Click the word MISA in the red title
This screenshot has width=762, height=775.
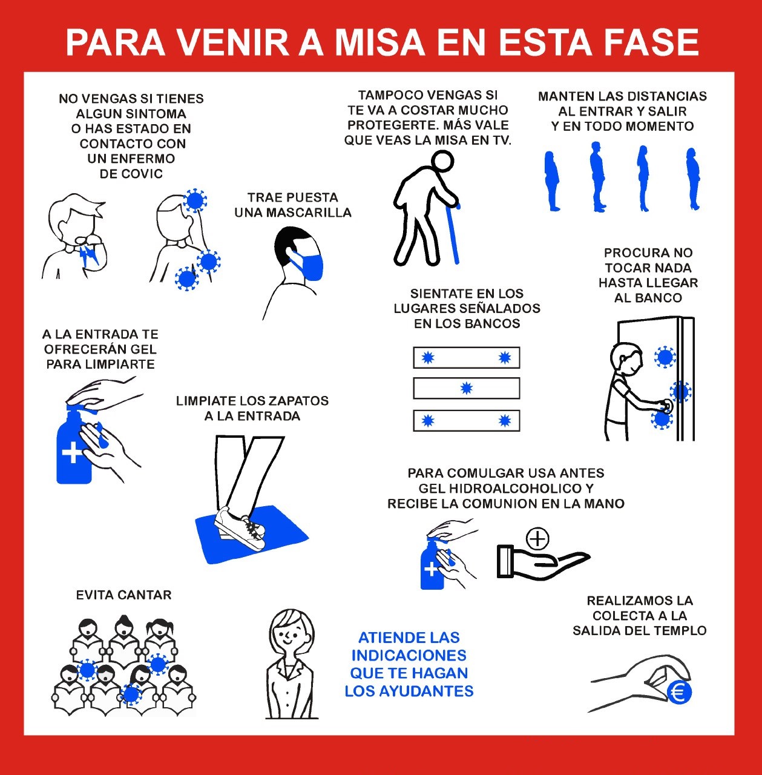point(379,42)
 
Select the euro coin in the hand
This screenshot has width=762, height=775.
point(680,692)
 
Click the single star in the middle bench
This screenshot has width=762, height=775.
point(466,388)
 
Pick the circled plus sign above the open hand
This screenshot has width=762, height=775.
point(537,538)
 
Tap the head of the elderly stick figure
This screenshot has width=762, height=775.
point(442,161)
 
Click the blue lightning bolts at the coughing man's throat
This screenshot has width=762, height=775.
point(90,256)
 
